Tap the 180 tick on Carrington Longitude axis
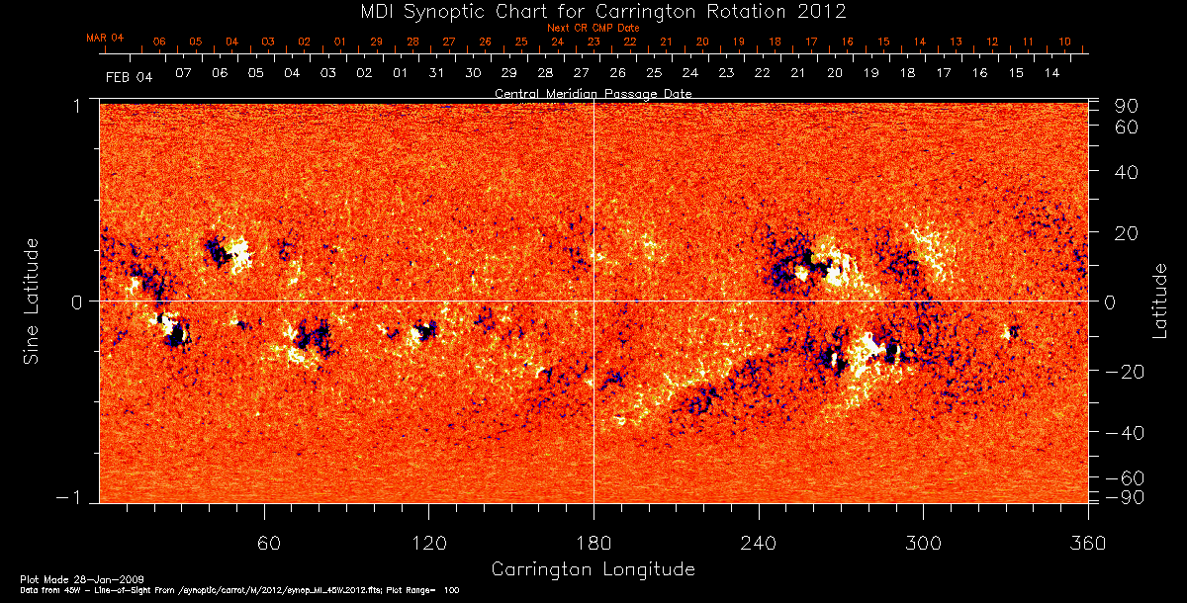pyautogui.click(x=593, y=544)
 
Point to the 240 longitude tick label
pyautogui.click(x=759, y=544)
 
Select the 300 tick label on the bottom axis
pyautogui.click(x=923, y=544)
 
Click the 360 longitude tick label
pyautogui.click(x=1088, y=544)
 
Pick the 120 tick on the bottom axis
pyautogui.click(x=429, y=544)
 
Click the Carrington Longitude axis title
pyautogui.click(x=593, y=569)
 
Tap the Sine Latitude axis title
pyautogui.click(x=32, y=300)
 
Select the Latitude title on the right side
pyautogui.click(x=1160, y=301)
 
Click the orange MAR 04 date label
pyautogui.click(x=105, y=38)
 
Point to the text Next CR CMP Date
pyautogui.click(x=593, y=28)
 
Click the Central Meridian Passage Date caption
pyautogui.click(x=593, y=93)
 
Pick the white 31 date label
pyautogui.click(x=436, y=74)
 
